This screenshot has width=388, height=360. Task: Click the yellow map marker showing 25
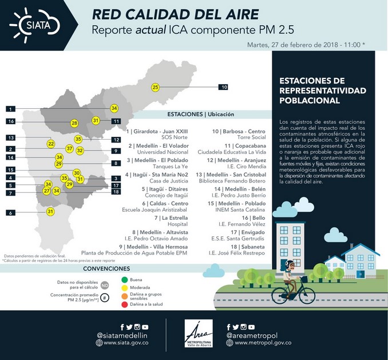[155, 87]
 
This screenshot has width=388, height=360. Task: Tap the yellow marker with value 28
[74, 123]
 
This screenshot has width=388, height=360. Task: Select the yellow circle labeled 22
[51, 144]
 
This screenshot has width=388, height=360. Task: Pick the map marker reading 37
[69, 148]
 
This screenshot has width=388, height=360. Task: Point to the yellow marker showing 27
[47, 191]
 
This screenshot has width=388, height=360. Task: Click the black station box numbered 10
[223, 87]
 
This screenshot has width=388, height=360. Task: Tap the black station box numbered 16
[11, 121]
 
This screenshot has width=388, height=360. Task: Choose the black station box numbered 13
[11, 138]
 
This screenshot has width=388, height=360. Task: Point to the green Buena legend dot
[125, 280]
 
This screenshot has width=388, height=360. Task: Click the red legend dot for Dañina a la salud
[125, 304]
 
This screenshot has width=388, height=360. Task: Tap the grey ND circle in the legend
[105, 284]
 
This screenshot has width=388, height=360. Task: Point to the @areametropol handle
[252, 333]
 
